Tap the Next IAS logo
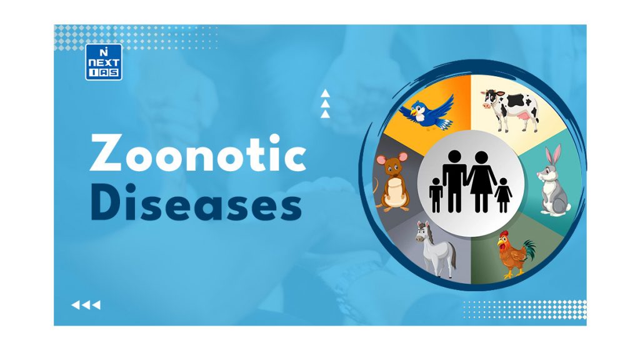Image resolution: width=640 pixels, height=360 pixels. pyautogui.click(x=103, y=62)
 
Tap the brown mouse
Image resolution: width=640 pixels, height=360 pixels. pyautogui.click(x=392, y=182)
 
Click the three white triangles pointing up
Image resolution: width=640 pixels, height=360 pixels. pyautogui.click(x=324, y=104)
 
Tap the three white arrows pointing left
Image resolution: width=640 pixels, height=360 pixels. pyautogui.click(x=86, y=305)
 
